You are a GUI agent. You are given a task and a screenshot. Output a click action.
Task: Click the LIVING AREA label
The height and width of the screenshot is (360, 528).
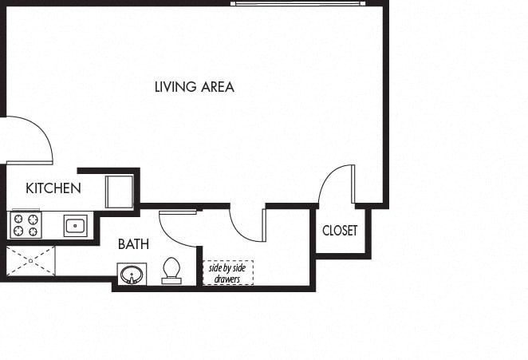coord(194,87)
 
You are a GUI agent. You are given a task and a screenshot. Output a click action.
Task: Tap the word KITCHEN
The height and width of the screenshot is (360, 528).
coord(53,188)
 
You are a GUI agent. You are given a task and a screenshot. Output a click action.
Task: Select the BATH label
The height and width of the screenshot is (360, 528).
coord(133,244)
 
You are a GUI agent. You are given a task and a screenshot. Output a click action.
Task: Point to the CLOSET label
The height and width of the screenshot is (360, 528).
coord(340,231)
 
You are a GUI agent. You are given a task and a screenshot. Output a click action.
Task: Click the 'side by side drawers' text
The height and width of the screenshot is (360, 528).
coord(227,273)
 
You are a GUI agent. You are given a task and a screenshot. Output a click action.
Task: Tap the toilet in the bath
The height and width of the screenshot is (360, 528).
coord(171,271)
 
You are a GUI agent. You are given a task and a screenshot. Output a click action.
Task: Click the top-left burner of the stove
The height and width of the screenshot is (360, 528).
coord(17,219)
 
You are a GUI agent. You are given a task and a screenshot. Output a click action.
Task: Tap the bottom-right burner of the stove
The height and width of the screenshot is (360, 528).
coord(33,232)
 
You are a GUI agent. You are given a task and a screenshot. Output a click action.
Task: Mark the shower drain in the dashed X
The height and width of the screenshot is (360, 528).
coord(30,261)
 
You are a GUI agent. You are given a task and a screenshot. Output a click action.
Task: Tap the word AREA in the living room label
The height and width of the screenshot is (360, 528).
coord(216,87)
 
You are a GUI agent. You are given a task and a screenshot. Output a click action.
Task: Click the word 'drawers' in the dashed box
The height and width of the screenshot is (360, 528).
coord(227,279)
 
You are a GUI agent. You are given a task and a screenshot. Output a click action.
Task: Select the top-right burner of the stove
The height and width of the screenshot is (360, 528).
coord(33,219)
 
